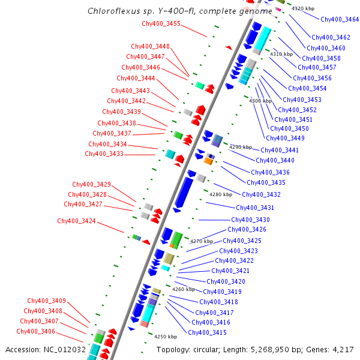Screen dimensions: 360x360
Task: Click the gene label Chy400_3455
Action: tap(161, 23)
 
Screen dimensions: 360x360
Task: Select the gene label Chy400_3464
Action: tap(340, 20)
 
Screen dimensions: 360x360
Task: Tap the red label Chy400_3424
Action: tap(76, 221)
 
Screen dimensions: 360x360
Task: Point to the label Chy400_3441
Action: tap(280, 150)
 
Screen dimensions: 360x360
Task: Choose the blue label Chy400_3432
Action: tap(261, 194)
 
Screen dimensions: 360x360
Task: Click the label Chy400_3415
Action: tap(207, 332)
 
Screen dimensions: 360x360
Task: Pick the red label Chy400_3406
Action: tap(35, 331)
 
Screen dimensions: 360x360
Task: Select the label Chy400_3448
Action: tap(150, 46)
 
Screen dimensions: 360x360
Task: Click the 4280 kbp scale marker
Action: tap(220, 194)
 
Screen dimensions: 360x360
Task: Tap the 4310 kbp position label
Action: tap(281, 54)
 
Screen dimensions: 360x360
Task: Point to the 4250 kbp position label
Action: tap(166, 337)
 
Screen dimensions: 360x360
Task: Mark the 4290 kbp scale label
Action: tap(240, 146)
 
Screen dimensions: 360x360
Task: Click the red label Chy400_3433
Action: tap(104, 154)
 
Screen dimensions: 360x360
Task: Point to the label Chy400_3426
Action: tap(247, 229)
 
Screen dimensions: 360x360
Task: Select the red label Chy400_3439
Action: tap(121, 112)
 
